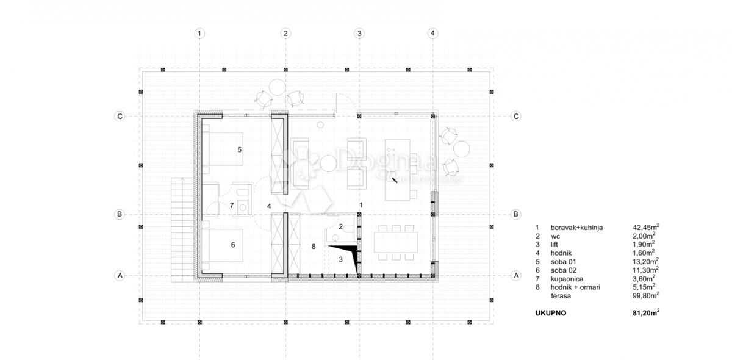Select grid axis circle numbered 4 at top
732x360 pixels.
click(x=432, y=34)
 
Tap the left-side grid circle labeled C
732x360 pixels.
click(x=120, y=117)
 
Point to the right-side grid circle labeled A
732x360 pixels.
click(x=515, y=276)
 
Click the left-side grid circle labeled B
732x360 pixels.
click(x=120, y=214)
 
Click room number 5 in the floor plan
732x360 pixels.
click(x=240, y=149)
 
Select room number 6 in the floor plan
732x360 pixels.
click(x=233, y=245)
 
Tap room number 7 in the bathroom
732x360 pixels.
click(x=232, y=206)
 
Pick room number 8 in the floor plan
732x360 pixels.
click(x=313, y=247)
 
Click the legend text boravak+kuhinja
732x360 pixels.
click(x=576, y=227)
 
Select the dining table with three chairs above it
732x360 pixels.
click(x=396, y=241)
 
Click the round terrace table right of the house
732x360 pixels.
click(x=462, y=148)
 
